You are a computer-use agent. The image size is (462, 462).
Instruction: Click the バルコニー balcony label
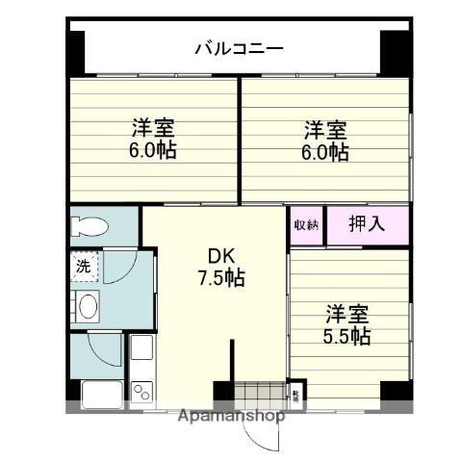tap(238, 46)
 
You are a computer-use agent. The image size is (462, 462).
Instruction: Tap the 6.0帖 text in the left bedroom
tap(155, 151)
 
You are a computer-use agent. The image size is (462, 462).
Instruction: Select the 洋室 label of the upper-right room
tap(326, 129)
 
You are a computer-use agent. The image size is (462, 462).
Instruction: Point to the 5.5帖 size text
tap(346, 336)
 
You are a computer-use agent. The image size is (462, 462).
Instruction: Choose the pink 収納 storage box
tap(306, 225)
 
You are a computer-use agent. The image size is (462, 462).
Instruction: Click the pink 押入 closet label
tap(366, 225)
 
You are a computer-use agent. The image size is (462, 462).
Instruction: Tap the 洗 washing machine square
tap(82, 267)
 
